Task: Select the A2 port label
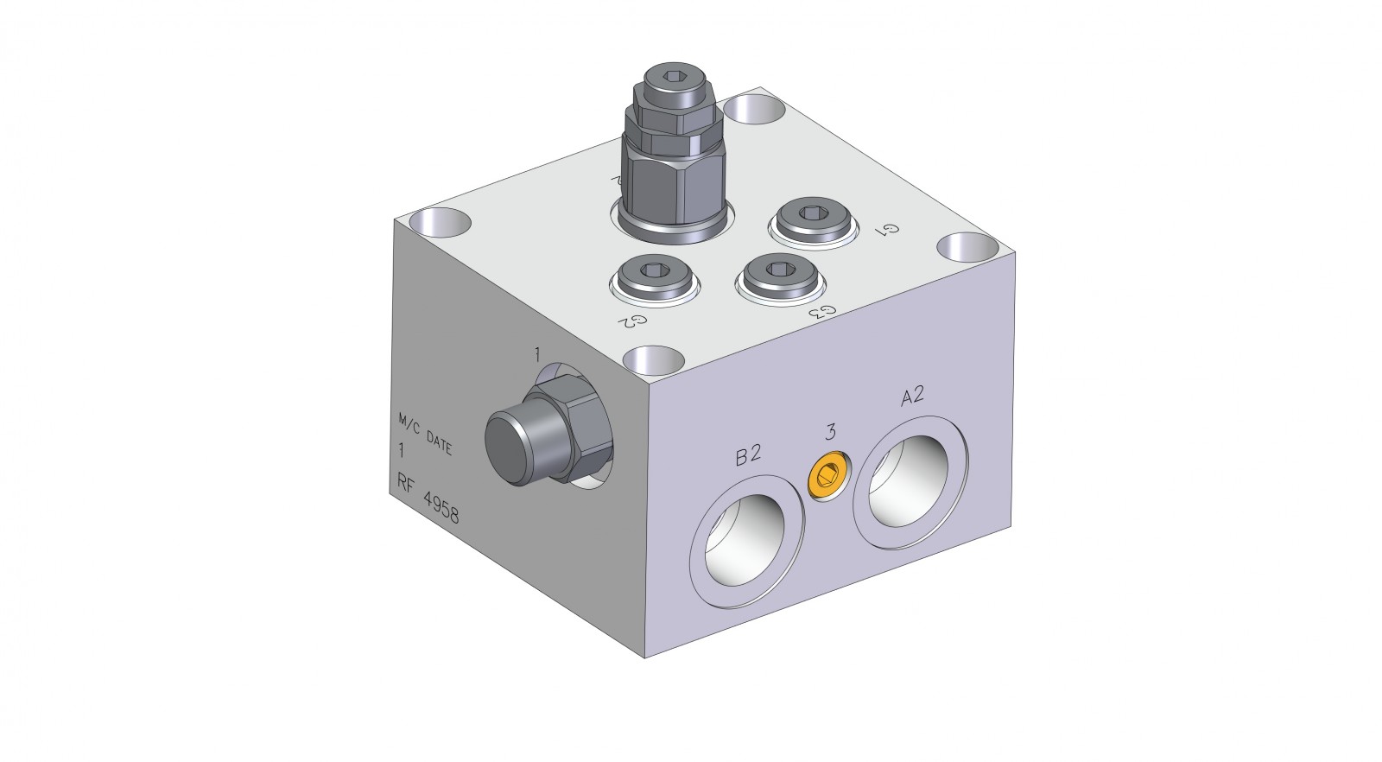point(912,397)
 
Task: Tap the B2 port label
point(748,456)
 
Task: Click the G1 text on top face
point(890,230)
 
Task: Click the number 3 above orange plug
point(831,432)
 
